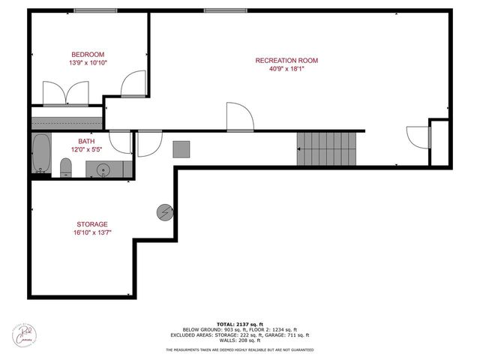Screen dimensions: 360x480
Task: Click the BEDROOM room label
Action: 88,54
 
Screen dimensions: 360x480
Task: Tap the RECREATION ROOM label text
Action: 286,61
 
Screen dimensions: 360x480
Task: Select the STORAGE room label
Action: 92,224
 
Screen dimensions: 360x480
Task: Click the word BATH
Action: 86,141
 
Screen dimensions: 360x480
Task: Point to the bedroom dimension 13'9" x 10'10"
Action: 88,63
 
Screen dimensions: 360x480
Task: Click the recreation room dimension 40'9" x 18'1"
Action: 286,69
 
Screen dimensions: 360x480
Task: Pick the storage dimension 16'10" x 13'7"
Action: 92,232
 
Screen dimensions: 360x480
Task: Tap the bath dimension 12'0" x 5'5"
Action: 86,149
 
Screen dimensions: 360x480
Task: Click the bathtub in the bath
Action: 42,154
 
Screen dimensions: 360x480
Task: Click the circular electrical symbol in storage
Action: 164,212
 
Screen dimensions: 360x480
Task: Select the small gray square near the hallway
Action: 181,148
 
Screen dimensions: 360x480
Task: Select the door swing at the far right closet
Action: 417,137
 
